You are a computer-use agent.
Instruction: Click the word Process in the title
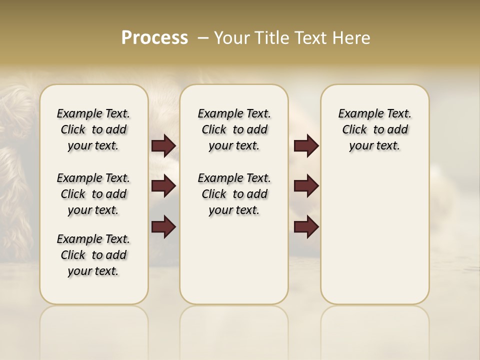[154, 38]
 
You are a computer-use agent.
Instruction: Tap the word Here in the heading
[352, 38]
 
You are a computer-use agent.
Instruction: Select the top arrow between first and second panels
[163, 146]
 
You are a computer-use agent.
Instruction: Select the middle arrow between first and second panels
[163, 186]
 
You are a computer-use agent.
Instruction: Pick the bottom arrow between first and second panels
[163, 227]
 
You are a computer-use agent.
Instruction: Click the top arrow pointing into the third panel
[306, 146]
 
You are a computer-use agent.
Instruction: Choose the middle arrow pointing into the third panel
[306, 186]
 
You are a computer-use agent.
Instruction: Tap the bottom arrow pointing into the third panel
[306, 227]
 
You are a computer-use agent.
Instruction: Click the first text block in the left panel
[93, 129]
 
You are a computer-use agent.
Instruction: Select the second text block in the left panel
[93, 194]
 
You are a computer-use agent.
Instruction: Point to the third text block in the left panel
[93, 255]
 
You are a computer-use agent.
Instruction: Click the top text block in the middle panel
[234, 129]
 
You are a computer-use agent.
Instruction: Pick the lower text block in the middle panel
[234, 194]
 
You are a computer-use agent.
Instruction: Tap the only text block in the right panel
[374, 129]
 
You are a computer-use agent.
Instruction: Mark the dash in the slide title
[203, 38]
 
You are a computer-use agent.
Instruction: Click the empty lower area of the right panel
[374, 235]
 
